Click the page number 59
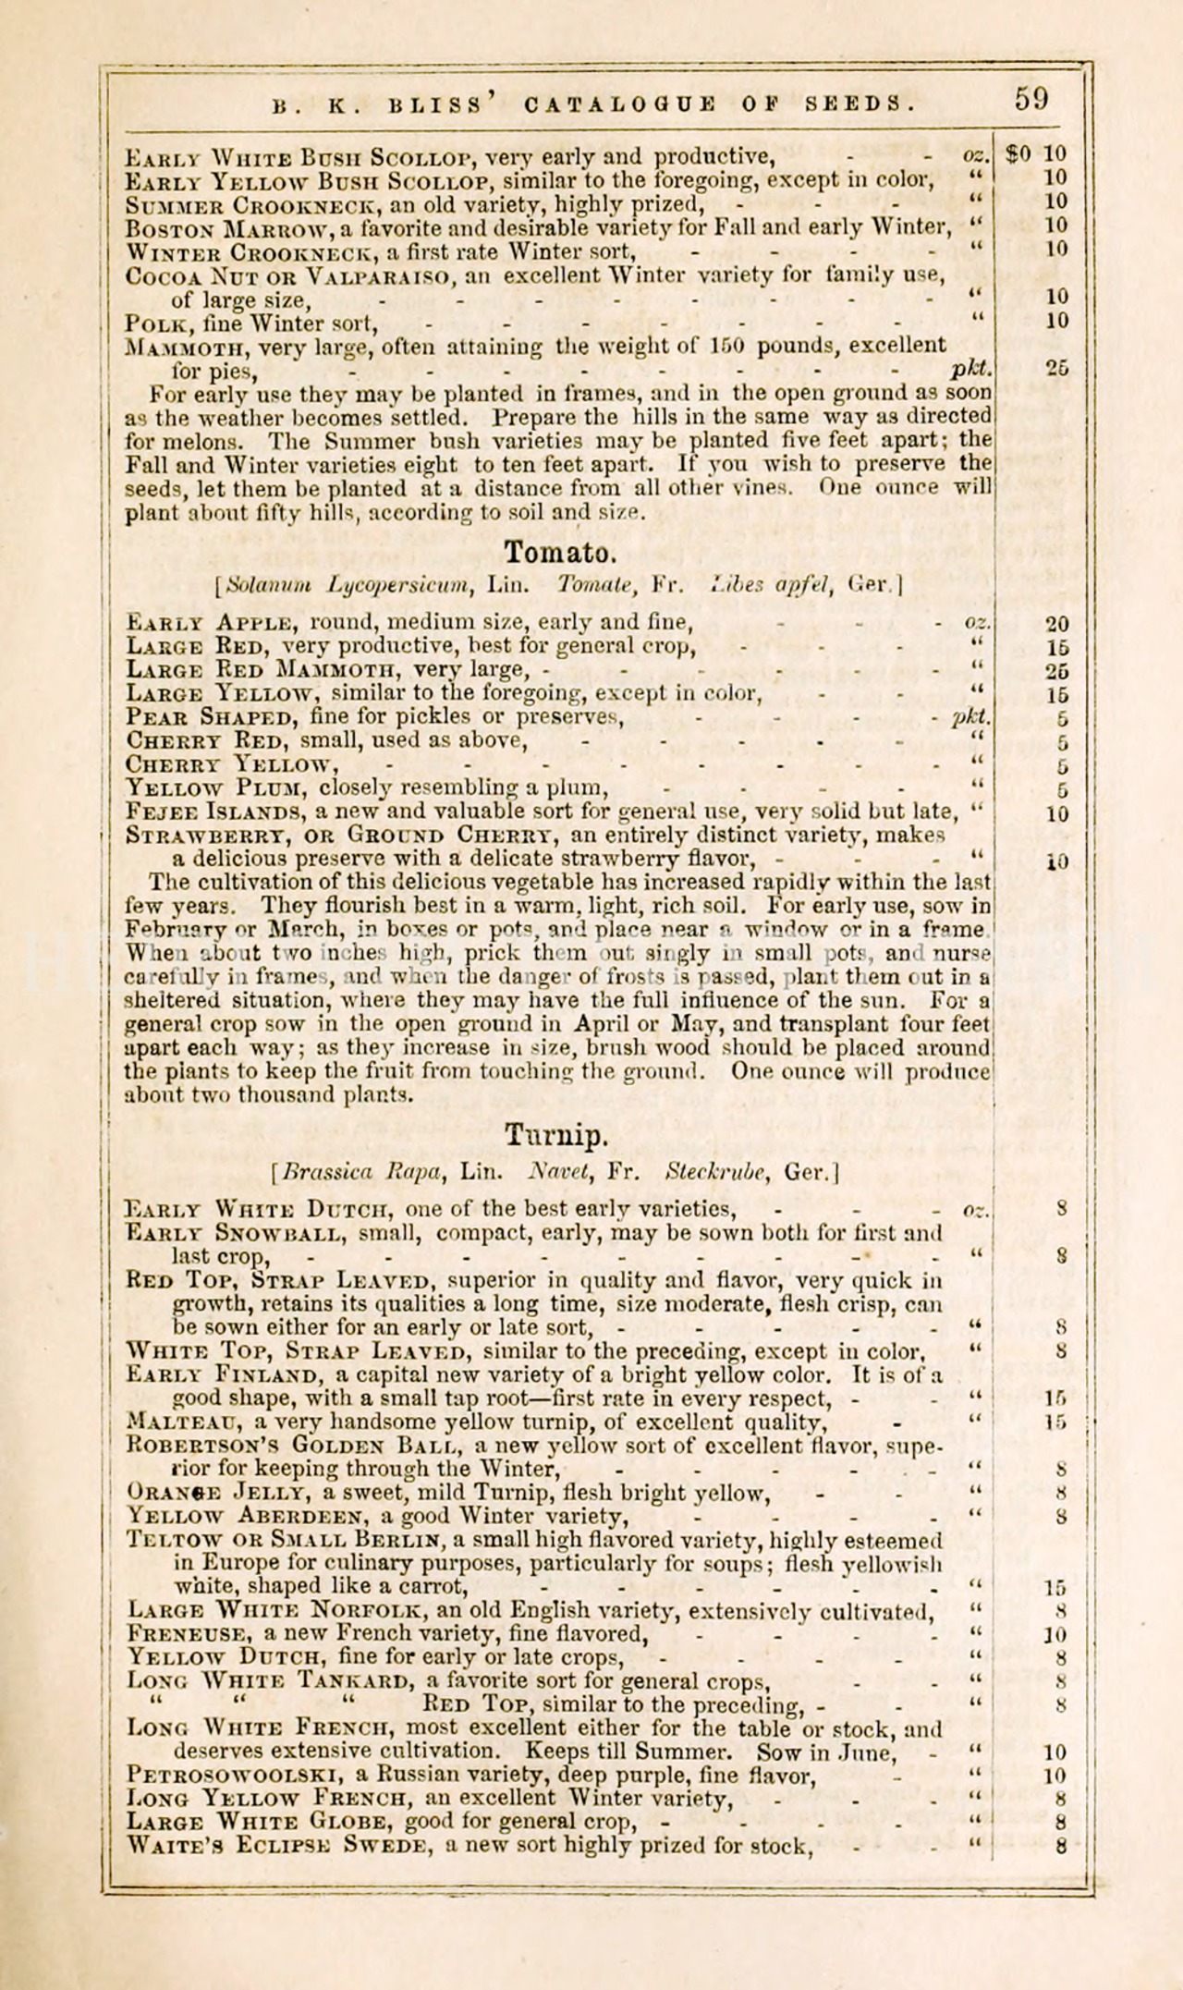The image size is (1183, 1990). pyautogui.click(x=1031, y=99)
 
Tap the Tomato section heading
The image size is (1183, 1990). pyautogui.click(x=559, y=553)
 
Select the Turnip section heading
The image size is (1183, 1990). pyautogui.click(x=556, y=1134)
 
